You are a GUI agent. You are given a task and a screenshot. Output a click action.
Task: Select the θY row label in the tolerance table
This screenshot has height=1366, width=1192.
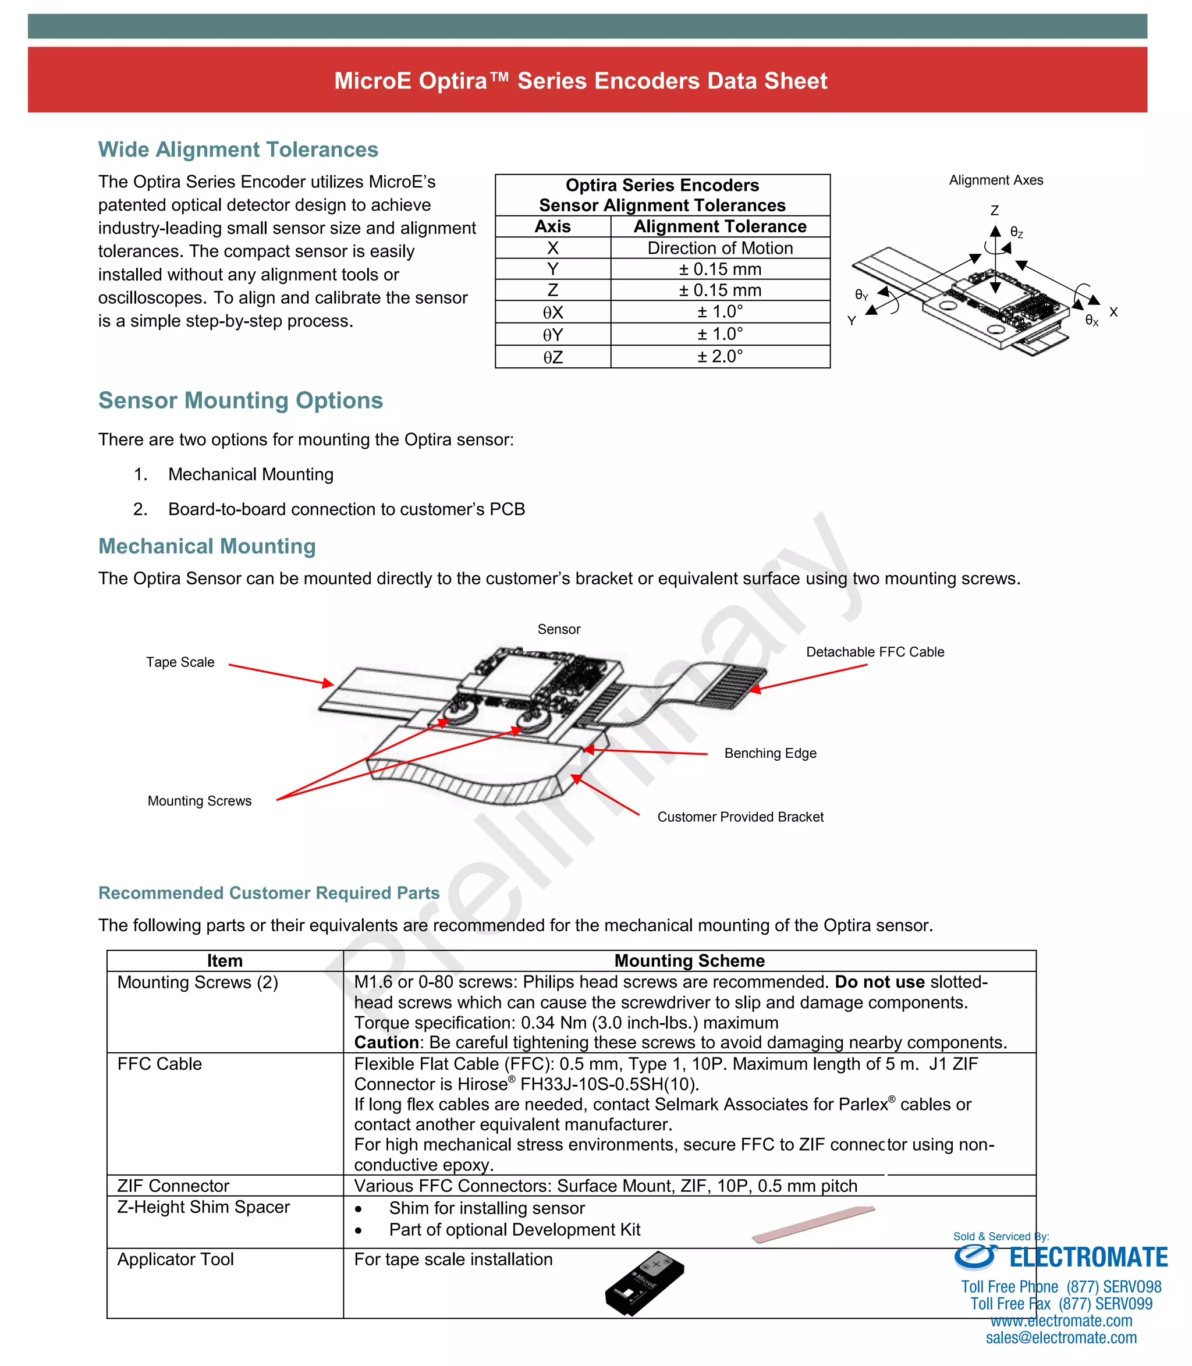553,335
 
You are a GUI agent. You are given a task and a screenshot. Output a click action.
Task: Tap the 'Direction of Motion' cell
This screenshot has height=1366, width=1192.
720,248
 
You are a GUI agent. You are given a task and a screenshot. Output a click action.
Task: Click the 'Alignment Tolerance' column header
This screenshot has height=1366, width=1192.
720,227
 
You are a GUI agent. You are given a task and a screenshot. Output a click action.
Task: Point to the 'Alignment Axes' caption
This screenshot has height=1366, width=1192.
996,180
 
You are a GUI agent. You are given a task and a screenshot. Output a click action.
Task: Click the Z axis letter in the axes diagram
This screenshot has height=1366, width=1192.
995,211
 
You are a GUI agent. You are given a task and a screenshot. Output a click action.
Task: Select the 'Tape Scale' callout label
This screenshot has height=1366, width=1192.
180,662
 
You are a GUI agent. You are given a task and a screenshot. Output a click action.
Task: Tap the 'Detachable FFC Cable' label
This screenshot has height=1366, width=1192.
875,652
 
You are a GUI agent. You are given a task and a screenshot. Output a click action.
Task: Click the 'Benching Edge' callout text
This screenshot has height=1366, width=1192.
770,754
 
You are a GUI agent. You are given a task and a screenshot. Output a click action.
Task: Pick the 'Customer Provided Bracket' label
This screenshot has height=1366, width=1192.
740,817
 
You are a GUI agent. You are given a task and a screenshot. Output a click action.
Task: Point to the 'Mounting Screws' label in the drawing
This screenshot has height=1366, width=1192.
200,801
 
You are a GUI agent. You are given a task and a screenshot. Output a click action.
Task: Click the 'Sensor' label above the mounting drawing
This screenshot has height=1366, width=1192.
559,630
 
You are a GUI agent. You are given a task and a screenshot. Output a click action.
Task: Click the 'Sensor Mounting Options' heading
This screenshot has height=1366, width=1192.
241,401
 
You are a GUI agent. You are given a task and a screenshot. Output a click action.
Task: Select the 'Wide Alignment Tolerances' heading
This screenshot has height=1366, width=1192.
238,150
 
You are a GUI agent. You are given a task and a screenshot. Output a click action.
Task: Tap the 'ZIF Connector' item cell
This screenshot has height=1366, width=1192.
173,1186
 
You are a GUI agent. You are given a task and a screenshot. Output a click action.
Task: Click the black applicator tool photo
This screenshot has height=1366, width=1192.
644,1283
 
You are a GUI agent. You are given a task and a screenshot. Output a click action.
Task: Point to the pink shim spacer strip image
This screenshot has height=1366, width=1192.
813,1223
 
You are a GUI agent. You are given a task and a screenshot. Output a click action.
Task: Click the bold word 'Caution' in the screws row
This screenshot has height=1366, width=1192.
386,1042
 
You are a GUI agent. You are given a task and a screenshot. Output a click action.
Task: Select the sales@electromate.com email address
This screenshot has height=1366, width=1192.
1061,1337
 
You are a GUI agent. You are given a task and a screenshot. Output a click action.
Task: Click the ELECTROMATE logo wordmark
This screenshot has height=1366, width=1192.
1088,1258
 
